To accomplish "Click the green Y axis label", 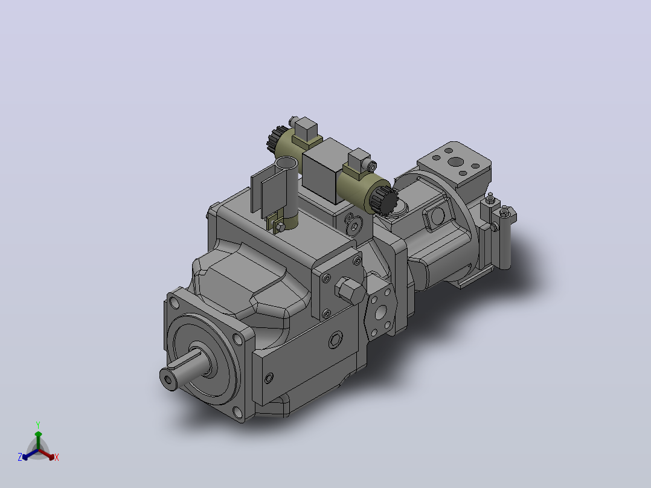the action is [x=38, y=425].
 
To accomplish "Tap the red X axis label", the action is [x=57, y=457].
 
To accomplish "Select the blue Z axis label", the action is [x=19, y=457].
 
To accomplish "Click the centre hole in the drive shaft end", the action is [x=168, y=380].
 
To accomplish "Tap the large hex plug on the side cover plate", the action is [x=349, y=289].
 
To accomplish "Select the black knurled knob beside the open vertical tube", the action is [x=274, y=140].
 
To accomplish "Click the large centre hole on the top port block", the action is [x=456, y=161].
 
